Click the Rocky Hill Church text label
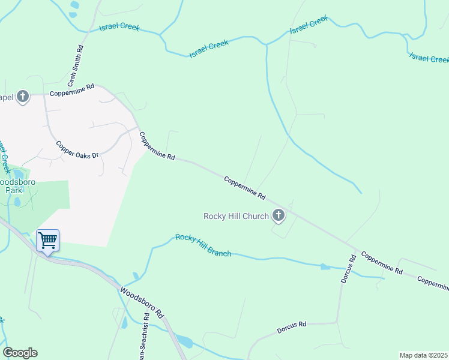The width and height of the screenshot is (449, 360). [x=235, y=216]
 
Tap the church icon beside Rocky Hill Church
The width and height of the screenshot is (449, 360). [x=278, y=215]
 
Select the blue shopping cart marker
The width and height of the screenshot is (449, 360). [x=47, y=241]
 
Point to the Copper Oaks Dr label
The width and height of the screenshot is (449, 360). [x=76, y=150]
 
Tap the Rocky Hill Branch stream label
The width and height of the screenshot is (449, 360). [x=203, y=245]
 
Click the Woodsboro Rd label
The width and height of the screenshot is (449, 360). [x=142, y=302]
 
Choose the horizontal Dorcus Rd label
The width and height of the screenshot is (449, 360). [x=292, y=328]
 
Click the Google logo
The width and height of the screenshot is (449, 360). [x=20, y=353]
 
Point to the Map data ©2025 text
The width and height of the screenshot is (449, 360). [x=423, y=355]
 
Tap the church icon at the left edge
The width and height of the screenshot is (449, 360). [x=23, y=96]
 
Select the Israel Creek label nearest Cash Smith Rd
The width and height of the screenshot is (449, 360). [x=119, y=26]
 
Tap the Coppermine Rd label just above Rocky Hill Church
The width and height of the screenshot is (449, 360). [x=245, y=188]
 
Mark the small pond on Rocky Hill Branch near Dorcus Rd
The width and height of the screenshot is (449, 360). [x=325, y=266]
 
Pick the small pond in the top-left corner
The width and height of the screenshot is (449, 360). [x=74, y=5]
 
